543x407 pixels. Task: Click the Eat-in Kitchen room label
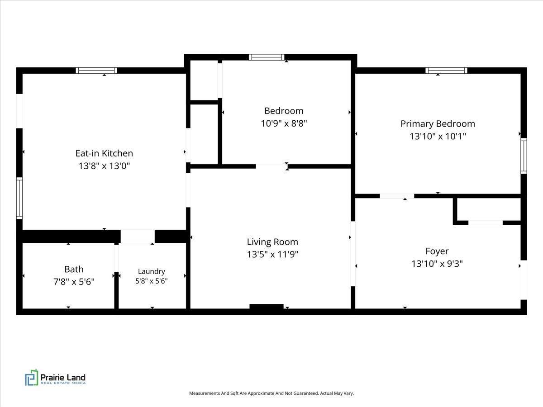[x=104, y=153]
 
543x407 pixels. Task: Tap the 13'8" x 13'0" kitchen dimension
[x=104, y=166]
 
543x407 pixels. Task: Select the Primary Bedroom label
[x=438, y=123]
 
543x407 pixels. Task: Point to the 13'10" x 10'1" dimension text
[x=438, y=136]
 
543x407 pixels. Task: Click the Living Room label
[x=272, y=242]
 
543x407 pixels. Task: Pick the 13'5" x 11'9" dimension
[x=272, y=254]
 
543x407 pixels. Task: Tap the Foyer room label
[x=437, y=251]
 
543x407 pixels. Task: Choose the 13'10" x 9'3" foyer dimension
[x=437, y=264]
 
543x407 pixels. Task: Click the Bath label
[x=74, y=269]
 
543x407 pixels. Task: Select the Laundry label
[x=152, y=271]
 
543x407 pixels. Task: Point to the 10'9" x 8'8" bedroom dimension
[x=284, y=123]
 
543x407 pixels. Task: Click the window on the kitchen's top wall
[x=96, y=71]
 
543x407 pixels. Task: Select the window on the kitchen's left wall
[x=19, y=198]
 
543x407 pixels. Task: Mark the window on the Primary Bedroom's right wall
[x=524, y=156]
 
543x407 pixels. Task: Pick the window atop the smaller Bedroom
[x=267, y=57]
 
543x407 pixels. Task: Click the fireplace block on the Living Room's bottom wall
[x=267, y=307]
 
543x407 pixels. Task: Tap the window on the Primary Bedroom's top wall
[x=447, y=71]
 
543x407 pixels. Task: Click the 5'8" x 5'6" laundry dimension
[x=152, y=281]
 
